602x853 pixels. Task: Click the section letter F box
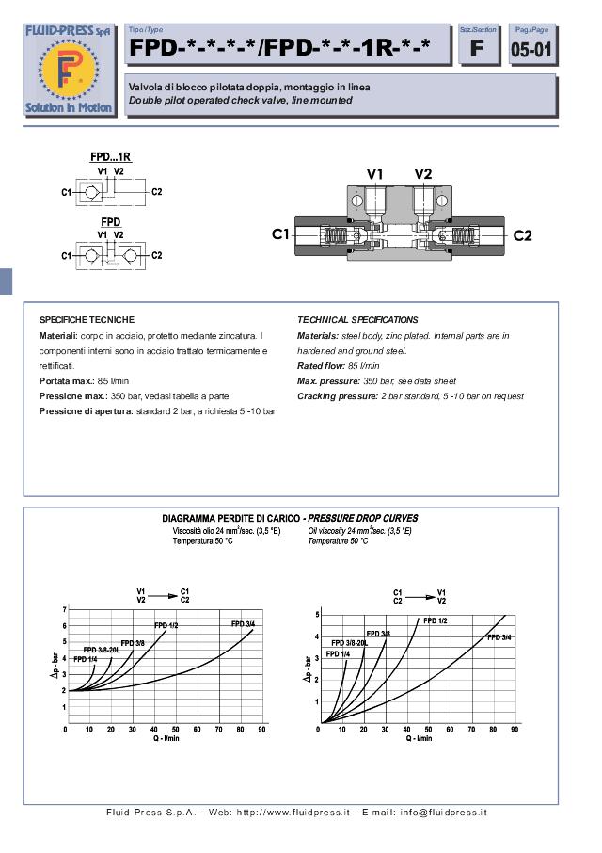[x=477, y=48]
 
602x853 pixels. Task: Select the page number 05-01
[x=531, y=49]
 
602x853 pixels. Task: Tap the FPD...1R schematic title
[x=110, y=156]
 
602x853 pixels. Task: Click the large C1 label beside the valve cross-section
[x=281, y=234]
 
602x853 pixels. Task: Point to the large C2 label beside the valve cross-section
[x=522, y=234]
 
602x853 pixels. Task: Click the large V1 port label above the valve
[x=375, y=173]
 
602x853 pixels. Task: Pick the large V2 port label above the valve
[x=423, y=173]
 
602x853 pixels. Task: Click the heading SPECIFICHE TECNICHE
[x=87, y=320]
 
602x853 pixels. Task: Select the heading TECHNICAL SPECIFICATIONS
[x=357, y=320]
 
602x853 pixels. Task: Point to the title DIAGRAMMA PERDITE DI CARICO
[x=230, y=518]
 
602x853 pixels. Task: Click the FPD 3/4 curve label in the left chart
[x=243, y=624]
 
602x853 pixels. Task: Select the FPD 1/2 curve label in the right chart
[x=435, y=620]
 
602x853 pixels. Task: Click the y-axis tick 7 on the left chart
[x=64, y=609]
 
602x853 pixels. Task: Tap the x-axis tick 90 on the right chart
[x=515, y=729]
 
